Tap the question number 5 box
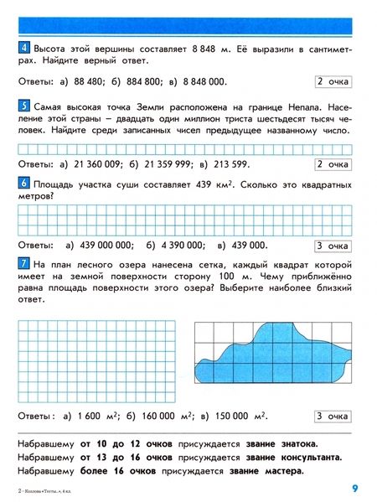pos(23,105)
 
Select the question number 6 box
pos(23,182)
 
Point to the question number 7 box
pos(23,263)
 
